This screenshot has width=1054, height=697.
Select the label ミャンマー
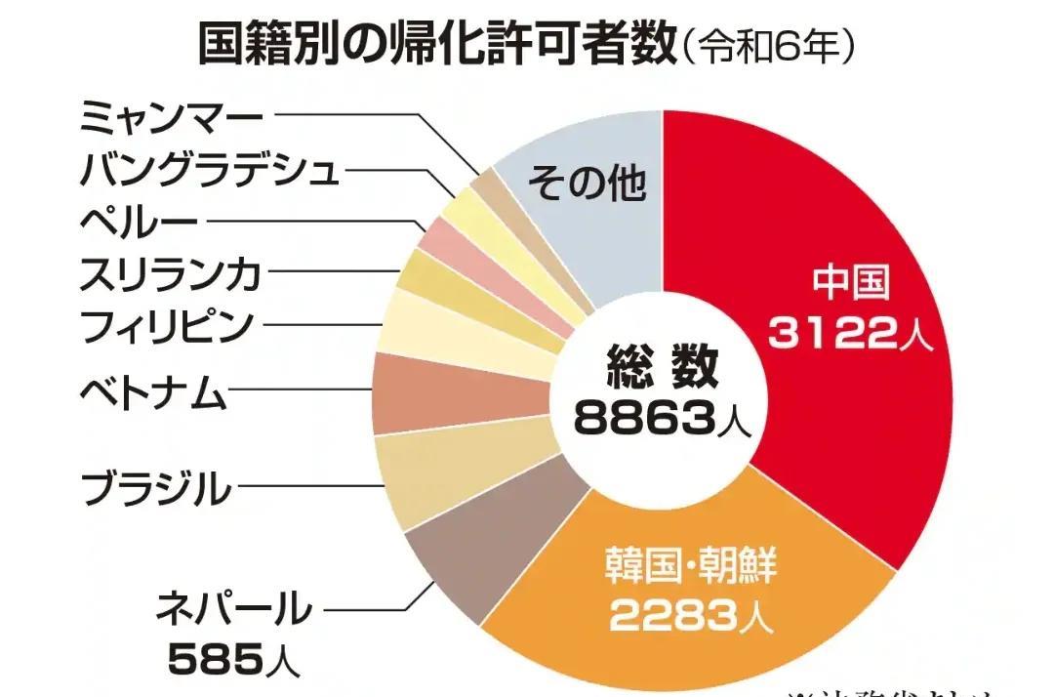(x=171, y=118)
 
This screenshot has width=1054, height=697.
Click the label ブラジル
(x=156, y=487)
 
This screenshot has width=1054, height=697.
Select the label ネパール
(x=234, y=610)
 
